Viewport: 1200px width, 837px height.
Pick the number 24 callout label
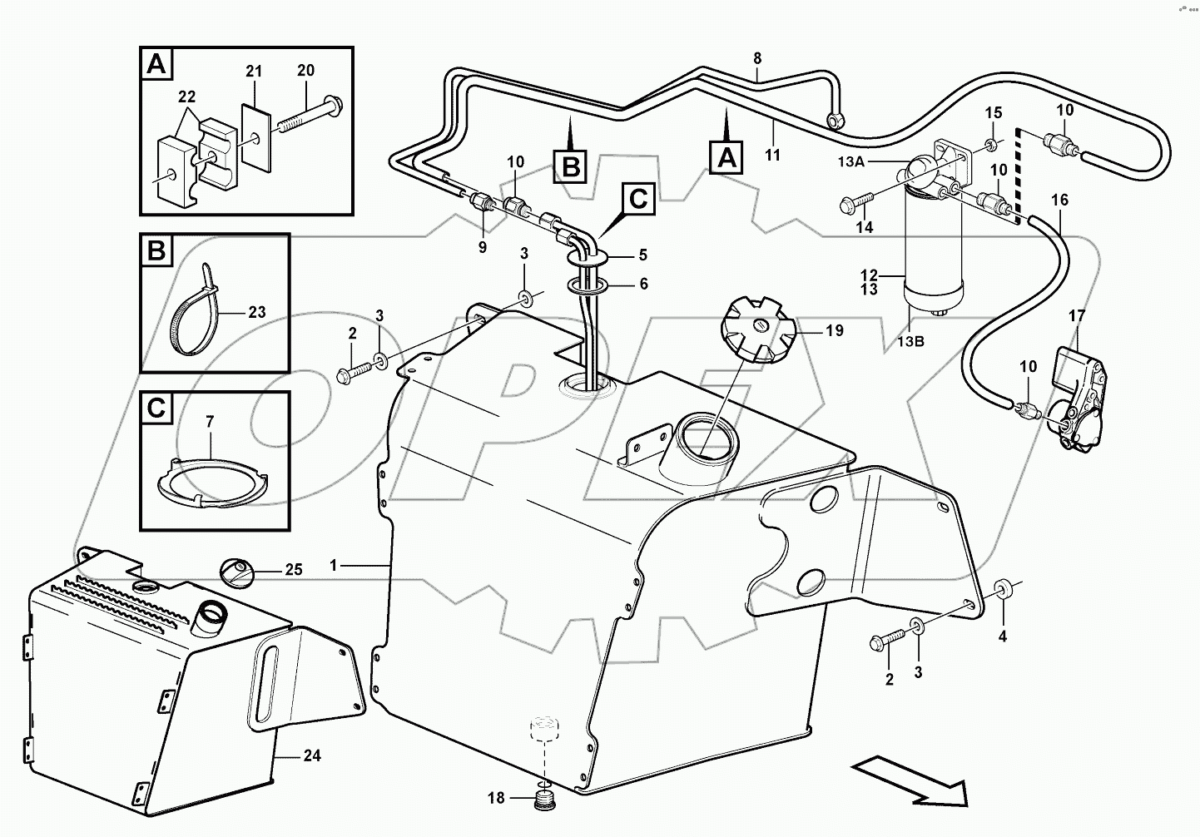[312, 756]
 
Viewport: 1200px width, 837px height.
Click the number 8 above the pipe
[756, 58]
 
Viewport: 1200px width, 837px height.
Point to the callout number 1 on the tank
[334, 565]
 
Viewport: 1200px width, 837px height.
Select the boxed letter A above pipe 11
[726, 156]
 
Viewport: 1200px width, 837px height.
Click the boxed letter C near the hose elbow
[637, 199]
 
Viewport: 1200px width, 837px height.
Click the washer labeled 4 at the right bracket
[1002, 590]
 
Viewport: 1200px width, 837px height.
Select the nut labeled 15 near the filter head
[992, 146]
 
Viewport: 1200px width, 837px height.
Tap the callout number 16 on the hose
[1059, 200]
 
